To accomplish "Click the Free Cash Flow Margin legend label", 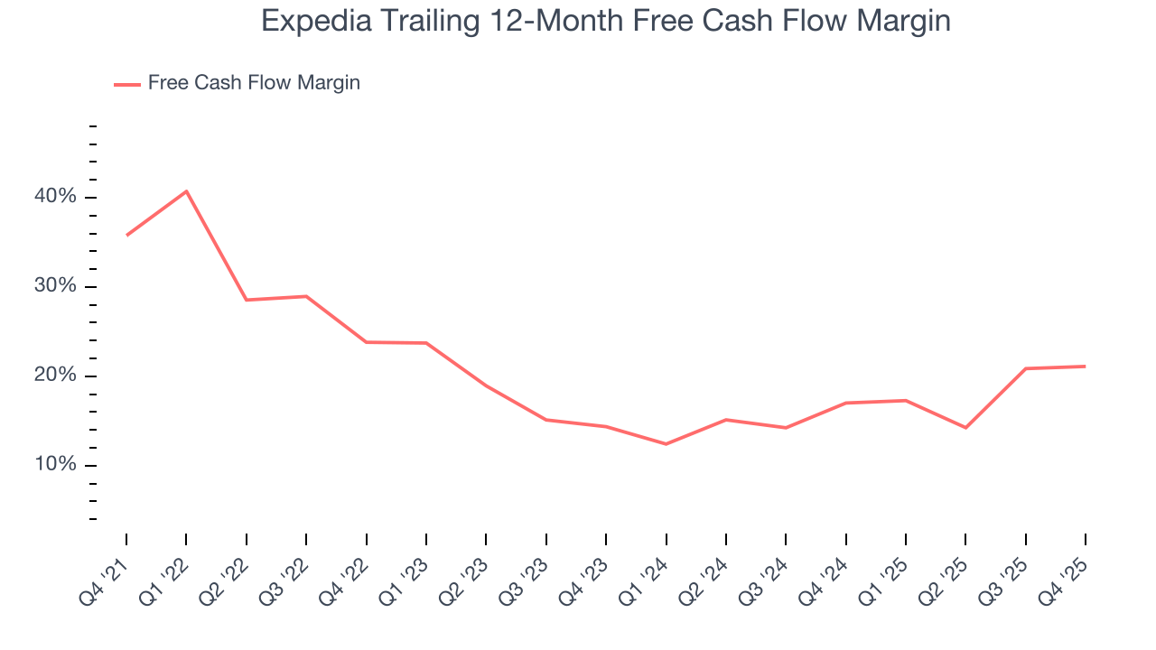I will click(x=254, y=83).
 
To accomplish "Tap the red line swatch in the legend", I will click(x=126, y=84).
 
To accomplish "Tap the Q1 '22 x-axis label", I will click(x=165, y=577).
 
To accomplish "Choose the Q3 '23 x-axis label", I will click(x=525, y=577).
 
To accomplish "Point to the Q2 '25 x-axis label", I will click(x=945, y=577).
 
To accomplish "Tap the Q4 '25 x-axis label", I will click(x=1065, y=577).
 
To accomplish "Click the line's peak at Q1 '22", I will click(x=186, y=191).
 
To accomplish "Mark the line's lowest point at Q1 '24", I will click(x=666, y=444).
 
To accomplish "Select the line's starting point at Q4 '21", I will click(x=126, y=235).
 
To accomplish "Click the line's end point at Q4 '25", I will click(x=1085, y=367).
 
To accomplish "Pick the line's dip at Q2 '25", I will click(x=965, y=427).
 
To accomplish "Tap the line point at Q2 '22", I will click(x=247, y=300).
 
